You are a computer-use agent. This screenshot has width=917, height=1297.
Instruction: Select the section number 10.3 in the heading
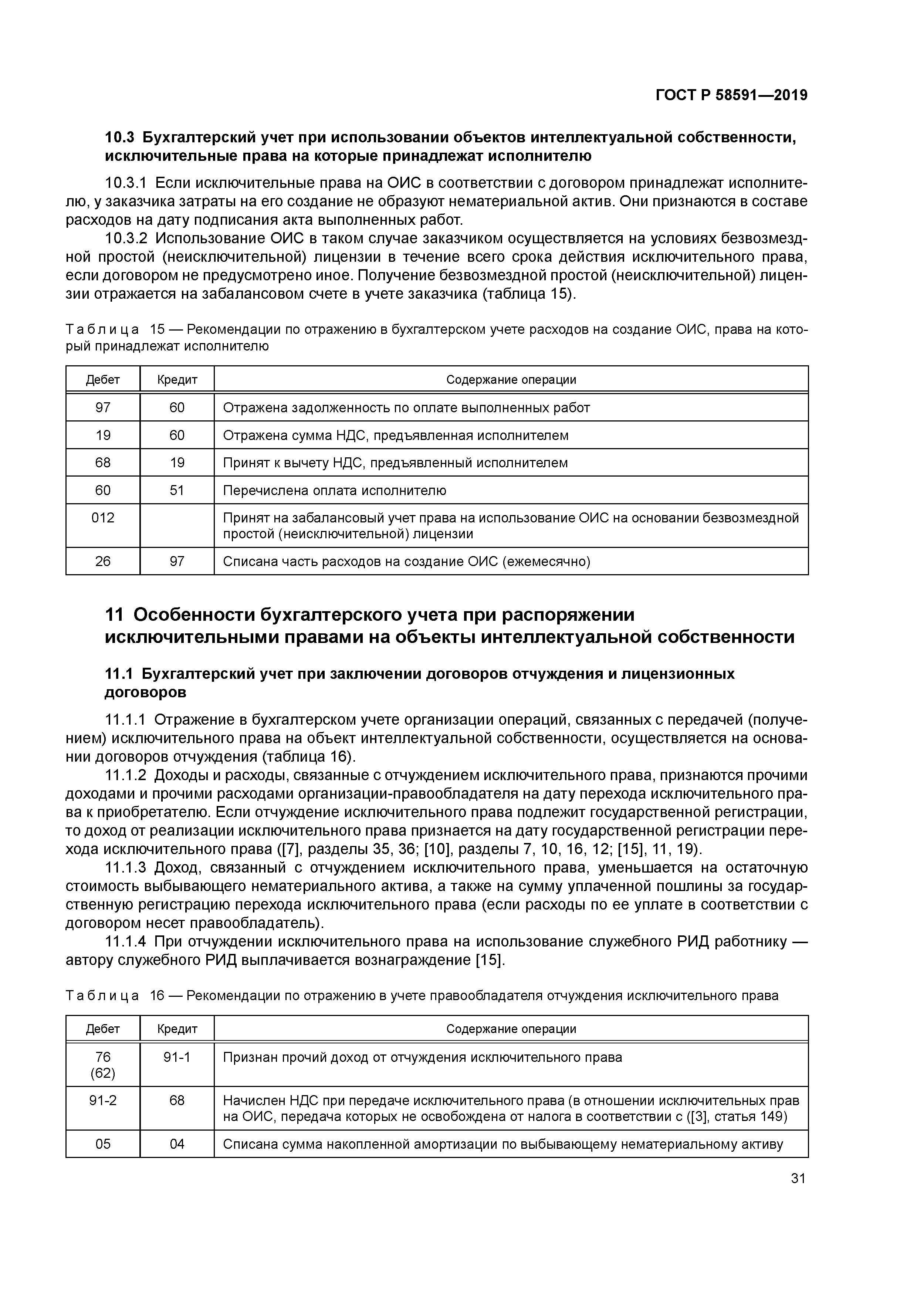[120, 137]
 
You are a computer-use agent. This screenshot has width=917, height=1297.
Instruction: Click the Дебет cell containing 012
[103, 518]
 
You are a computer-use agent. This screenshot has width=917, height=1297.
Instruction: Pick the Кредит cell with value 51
[177, 490]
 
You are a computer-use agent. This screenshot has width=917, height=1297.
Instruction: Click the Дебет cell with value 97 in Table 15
[103, 407]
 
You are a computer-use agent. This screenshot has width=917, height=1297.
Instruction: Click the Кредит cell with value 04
[177, 1144]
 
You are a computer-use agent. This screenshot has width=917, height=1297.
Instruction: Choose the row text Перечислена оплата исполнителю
[335, 490]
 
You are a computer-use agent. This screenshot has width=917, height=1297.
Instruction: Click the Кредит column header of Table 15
[177, 380]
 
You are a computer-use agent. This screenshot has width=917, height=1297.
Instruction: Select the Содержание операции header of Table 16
[511, 1029]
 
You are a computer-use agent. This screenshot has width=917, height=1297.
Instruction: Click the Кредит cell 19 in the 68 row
[177, 463]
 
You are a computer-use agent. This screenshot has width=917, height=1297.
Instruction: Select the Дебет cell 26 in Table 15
[103, 561]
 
